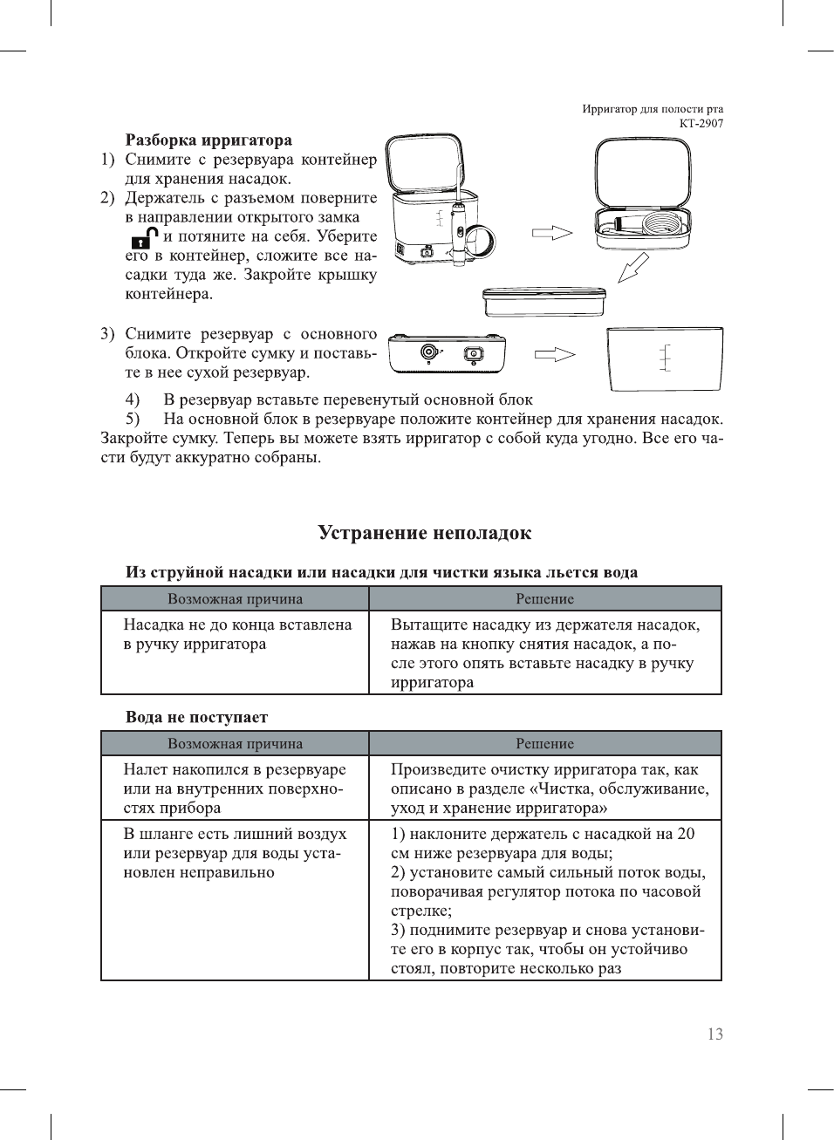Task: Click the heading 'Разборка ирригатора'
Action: pos(208,140)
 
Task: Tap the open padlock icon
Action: pos(144,237)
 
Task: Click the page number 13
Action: pos(714,1034)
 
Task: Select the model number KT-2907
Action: pos(701,123)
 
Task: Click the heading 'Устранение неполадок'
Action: pos(424,533)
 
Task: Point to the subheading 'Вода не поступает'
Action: pos(196,717)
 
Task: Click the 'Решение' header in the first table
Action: pos(544,599)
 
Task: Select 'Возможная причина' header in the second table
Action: pos(235,744)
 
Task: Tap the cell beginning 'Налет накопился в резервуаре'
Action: pos(234,788)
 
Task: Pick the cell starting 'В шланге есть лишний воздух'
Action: pos(234,853)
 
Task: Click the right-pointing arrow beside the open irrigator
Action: pos(552,233)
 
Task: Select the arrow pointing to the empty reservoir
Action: pos(554,354)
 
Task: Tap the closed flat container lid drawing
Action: pos(543,301)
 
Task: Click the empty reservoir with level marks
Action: pos(665,358)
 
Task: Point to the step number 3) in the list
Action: pos(107,334)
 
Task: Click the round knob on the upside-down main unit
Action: pos(428,352)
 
